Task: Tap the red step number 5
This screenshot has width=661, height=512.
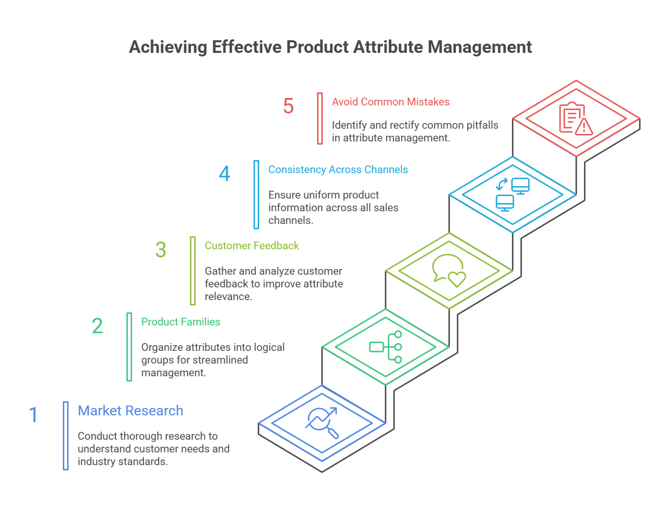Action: point(288,106)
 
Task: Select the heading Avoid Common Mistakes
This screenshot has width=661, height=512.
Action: point(390,102)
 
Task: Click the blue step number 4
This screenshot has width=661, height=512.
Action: point(225,174)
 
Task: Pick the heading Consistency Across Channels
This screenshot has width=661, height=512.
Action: point(338,169)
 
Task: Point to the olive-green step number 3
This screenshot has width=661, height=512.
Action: point(161,250)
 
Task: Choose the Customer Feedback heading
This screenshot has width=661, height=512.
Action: point(252,245)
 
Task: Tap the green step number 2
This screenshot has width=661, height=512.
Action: point(97,326)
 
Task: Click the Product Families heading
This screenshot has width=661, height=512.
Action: point(181,322)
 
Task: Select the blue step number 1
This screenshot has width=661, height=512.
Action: point(33,415)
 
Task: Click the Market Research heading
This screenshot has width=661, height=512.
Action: point(130,411)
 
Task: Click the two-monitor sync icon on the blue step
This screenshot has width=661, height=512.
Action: point(512,194)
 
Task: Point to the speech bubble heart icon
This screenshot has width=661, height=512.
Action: point(449,270)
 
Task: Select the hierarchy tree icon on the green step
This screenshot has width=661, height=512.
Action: point(386,347)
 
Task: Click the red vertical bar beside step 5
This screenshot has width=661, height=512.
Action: point(320,118)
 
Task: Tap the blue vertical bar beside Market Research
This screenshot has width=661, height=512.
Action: point(66,435)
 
